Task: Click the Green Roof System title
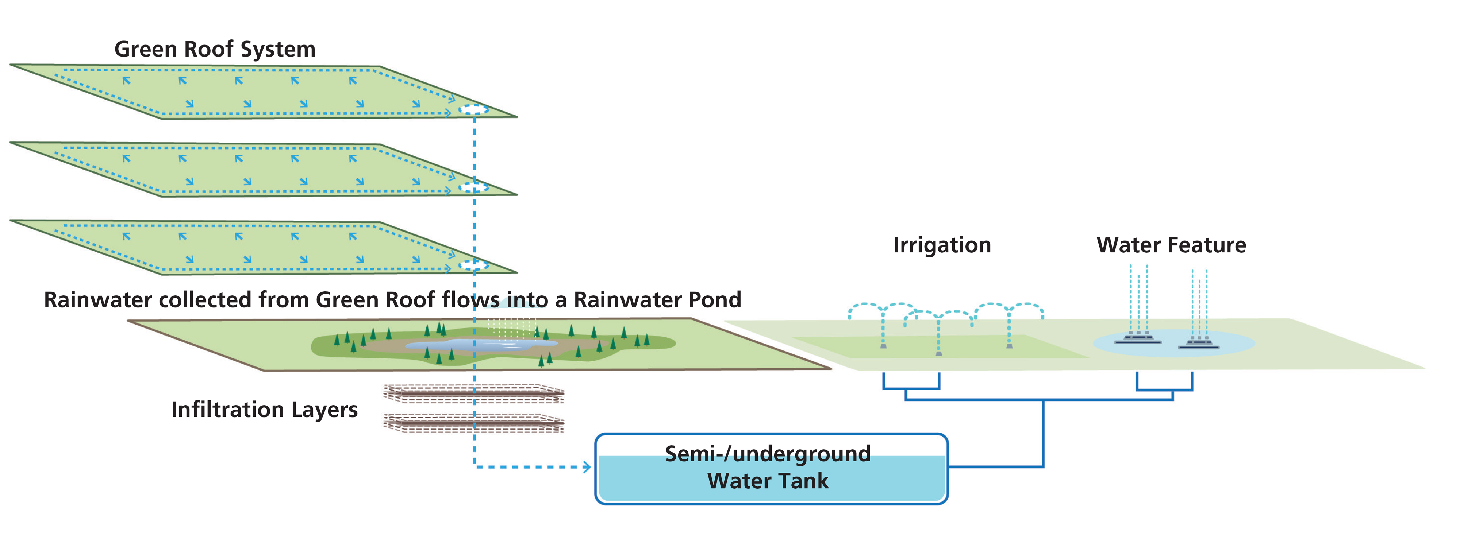coord(215,49)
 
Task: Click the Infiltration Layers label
coord(264,410)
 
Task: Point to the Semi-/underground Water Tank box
coord(771,469)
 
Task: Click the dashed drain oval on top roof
coord(473,110)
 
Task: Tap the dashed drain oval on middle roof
coord(473,187)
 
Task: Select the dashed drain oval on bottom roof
coord(473,265)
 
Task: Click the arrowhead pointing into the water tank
coord(587,467)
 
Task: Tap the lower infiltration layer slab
coord(473,422)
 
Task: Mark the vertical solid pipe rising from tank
coord(1043,433)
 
